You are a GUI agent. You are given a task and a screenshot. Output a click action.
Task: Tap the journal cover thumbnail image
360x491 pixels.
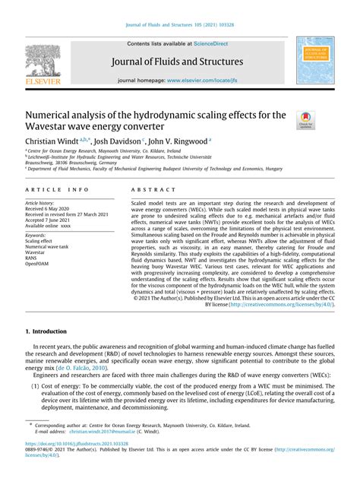coord(317,59)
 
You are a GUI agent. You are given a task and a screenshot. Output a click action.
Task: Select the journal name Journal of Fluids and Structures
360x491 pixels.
coord(179,62)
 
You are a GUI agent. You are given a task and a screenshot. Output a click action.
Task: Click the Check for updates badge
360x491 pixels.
coord(305,118)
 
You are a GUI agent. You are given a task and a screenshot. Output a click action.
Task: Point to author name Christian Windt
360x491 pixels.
coord(55,141)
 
